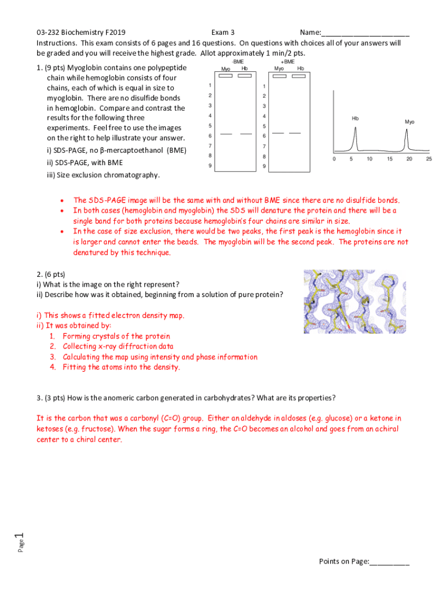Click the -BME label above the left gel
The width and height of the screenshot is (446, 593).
pos(237,61)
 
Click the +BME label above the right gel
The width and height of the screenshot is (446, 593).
pos(287,61)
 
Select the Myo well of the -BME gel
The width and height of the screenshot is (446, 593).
pos(226,76)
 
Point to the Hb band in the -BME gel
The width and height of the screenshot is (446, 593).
pos(246,134)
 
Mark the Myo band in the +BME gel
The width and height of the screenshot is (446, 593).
pos(278,133)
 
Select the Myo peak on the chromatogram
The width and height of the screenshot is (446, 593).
pos(407,139)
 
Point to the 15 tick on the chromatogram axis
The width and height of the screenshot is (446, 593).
pos(389,159)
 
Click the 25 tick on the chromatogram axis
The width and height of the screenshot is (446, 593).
pos(429,159)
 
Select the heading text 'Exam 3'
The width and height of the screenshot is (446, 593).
pos(223,32)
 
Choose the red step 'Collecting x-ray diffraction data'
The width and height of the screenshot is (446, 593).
pos(118,347)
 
